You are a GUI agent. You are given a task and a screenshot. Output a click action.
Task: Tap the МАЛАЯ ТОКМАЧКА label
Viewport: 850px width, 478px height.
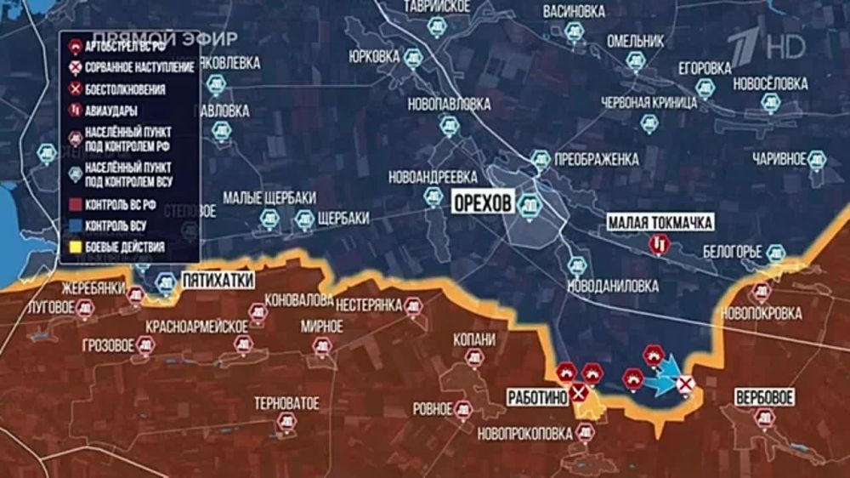coord(660,223)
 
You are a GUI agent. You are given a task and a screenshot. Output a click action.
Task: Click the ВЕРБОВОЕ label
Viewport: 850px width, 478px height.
coord(765,397)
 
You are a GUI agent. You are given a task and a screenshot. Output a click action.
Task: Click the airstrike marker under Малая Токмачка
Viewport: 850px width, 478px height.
coord(660,245)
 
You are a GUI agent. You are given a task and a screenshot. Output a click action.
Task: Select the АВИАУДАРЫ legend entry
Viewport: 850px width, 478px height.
coord(111,110)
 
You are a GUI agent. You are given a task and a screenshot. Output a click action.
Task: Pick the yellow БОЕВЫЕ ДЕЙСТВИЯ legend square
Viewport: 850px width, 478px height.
coord(73,248)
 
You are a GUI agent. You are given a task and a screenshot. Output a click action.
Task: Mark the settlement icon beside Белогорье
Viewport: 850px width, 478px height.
coord(775,252)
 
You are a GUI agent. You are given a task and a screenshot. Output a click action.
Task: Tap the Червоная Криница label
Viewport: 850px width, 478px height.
coord(649,101)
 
